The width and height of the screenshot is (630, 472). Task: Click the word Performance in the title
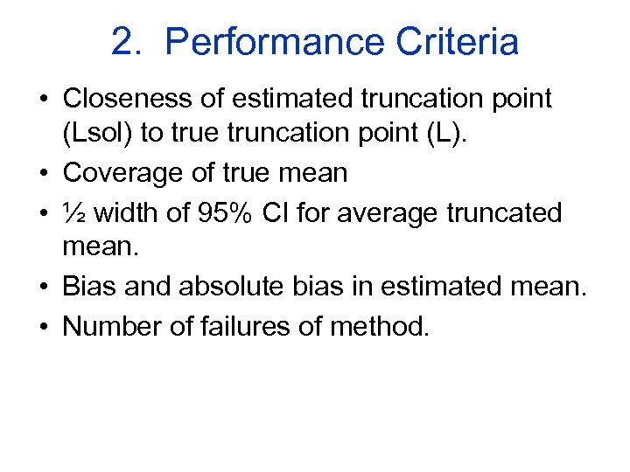[274, 41]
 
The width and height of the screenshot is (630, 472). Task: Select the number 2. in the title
[127, 41]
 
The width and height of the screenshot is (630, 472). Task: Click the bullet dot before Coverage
[42, 173]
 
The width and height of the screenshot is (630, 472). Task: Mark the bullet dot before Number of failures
[42, 326]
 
